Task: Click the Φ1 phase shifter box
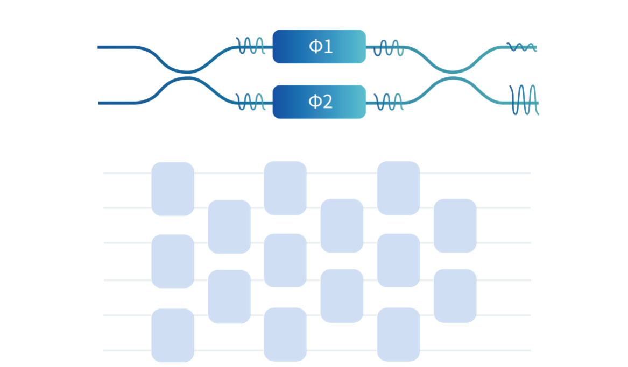(319, 47)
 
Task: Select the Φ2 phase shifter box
(319, 102)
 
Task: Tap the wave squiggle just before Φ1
(251, 46)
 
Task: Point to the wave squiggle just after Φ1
(388, 48)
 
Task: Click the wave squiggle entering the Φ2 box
(251, 101)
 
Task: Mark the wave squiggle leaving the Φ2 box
(388, 102)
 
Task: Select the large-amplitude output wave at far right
(524, 100)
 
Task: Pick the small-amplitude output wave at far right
(523, 47)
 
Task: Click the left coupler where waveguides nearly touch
(186, 74)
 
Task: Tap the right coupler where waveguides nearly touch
(453, 74)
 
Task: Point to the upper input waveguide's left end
(100, 47)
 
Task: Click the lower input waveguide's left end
(100, 103)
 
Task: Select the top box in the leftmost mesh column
(172, 189)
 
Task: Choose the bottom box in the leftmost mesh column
(172, 335)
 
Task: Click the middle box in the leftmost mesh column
(172, 261)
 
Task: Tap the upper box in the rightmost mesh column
(454, 225)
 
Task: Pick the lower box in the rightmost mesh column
(454, 295)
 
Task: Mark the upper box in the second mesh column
(229, 226)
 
